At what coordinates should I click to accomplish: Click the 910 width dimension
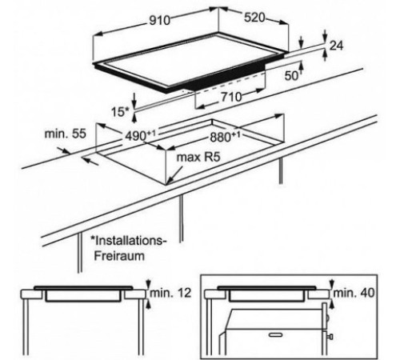[x=159, y=21]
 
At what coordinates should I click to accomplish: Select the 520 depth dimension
[x=254, y=18]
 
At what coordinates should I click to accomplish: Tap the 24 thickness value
[x=336, y=46]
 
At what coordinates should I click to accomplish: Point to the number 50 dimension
[x=291, y=76]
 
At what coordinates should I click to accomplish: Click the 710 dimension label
[x=231, y=97]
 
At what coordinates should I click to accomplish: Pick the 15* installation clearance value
[x=120, y=112]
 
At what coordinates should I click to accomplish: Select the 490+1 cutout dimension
[x=140, y=136]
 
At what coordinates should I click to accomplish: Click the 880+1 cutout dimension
[x=225, y=137]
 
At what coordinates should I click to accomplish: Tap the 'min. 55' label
[x=66, y=134]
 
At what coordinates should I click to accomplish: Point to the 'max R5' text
[x=198, y=157]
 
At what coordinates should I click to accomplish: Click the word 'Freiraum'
[x=119, y=256]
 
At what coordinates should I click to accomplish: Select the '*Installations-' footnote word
[x=129, y=241]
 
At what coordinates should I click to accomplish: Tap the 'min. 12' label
[x=170, y=293]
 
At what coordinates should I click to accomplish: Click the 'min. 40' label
[x=354, y=293]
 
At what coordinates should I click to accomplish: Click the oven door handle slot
[x=275, y=334]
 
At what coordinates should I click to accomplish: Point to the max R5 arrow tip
[x=166, y=184]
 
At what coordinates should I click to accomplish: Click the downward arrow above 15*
[x=134, y=102]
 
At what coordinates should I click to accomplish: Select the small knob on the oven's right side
[x=330, y=338]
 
